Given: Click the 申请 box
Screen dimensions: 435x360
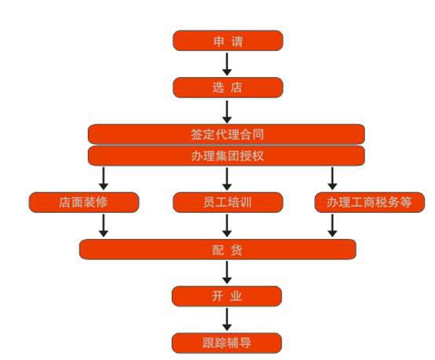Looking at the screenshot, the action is point(228,41).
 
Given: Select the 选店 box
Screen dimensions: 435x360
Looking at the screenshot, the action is point(228,87).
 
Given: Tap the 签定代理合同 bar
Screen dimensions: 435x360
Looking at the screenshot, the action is point(226,134).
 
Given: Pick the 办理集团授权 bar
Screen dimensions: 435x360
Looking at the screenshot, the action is point(226,156).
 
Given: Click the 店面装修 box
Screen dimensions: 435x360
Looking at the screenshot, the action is point(84,202).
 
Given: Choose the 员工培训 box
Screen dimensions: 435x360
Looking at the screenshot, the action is point(228,202).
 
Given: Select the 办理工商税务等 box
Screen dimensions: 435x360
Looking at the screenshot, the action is point(370,202).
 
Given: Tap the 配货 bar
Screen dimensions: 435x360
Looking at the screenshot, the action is point(217,249).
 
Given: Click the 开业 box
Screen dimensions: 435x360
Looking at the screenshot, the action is point(227,296).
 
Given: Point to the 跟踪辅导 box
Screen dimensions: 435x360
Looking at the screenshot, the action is point(227,343).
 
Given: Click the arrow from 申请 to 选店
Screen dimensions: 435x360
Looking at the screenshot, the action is point(227,64).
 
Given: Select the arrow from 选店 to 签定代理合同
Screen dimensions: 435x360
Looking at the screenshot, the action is point(227,112).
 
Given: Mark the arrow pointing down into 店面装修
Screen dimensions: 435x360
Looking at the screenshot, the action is point(104,178).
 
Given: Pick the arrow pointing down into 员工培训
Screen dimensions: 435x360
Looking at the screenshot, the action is point(227,178).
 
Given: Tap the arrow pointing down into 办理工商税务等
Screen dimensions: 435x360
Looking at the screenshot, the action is point(332,178).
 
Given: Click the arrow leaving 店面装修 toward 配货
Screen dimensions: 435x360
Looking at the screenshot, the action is point(104,226).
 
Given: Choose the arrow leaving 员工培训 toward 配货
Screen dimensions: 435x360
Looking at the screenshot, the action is point(227,226).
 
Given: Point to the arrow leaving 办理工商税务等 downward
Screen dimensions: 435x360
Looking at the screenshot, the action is point(332,226).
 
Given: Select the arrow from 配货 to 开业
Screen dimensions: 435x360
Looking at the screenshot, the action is point(227,273).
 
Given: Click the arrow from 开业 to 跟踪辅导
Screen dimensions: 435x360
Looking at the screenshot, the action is point(227,319).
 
